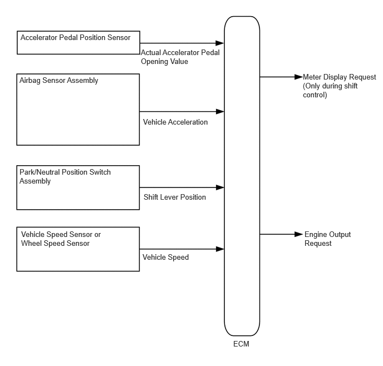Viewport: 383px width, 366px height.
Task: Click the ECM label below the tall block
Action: coord(241,344)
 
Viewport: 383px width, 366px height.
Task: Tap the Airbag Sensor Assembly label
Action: coord(58,80)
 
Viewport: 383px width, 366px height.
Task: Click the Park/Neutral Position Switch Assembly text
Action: coord(65,176)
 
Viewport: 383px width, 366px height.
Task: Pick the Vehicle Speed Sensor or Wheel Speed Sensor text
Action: coord(61,239)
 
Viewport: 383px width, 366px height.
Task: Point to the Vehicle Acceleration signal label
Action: coord(175,122)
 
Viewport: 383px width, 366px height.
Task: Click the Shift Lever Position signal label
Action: coord(175,197)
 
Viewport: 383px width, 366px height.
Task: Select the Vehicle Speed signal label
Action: coord(165,257)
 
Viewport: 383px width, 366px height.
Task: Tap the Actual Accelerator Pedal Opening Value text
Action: coord(180,57)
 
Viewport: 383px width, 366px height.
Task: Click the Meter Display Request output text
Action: coord(339,86)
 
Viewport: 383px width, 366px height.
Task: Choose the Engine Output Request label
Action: coord(327,239)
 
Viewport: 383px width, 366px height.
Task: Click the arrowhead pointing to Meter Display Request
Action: coord(299,77)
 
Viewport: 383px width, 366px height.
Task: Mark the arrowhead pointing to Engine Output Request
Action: coord(299,234)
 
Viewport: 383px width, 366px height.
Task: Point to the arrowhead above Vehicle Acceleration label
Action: coord(220,111)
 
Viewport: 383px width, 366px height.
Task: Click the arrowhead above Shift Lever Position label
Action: coord(220,187)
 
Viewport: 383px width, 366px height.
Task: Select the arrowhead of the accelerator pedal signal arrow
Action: coord(220,43)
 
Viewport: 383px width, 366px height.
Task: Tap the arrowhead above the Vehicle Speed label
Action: coord(220,249)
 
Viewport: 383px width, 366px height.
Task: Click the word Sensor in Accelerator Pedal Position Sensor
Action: coord(120,38)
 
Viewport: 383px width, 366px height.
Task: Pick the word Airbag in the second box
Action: coord(30,80)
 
